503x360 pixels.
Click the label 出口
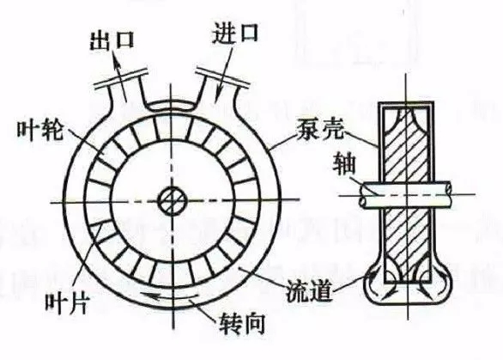(x=111, y=40)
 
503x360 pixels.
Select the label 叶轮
(x=39, y=131)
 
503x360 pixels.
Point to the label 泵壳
(x=320, y=129)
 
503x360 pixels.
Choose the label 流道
(x=309, y=291)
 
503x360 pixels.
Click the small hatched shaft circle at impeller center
(x=173, y=202)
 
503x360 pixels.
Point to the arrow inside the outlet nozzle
(x=120, y=79)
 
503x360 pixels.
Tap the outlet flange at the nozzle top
(x=121, y=78)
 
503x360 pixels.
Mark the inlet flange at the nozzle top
(x=222, y=77)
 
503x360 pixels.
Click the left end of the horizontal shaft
(x=363, y=195)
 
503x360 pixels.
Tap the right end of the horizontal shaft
(x=448, y=193)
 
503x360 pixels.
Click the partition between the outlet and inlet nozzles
(x=173, y=106)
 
